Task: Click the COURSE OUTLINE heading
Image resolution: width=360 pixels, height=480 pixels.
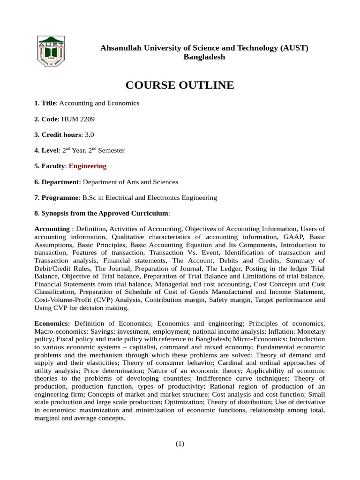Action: (180, 85)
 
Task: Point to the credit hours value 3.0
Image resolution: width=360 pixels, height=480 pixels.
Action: (89, 135)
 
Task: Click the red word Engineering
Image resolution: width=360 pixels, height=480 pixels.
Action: (88, 166)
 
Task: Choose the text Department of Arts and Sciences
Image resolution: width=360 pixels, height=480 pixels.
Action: (130, 182)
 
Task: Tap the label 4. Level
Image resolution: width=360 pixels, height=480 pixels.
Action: (47, 150)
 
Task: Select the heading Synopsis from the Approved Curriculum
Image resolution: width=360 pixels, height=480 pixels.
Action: (105, 213)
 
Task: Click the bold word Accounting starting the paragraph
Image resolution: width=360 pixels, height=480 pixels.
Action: (52, 229)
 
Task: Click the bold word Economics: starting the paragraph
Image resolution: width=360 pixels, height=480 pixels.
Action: (52, 324)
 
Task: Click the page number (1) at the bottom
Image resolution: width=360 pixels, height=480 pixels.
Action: (180, 444)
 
